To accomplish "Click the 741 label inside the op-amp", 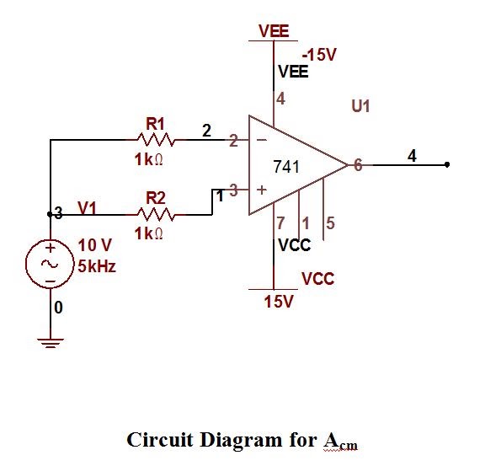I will click(x=287, y=167).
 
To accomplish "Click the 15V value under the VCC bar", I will click(x=278, y=302).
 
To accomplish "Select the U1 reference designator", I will click(x=360, y=107).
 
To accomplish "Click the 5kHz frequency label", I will click(x=97, y=266).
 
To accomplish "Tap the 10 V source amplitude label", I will click(x=94, y=245).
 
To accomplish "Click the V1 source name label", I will click(x=88, y=207).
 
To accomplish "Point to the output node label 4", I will click(x=411, y=155).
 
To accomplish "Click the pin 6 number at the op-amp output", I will click(x=357, y=166).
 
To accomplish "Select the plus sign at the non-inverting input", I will click(x=262, y=190).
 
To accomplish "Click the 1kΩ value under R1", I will click(x=148, y=159).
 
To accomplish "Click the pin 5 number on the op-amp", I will click(x=330, y=223).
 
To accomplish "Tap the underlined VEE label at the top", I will click(x=274, y=31).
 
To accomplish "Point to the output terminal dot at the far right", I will click(x=447, y=165).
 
